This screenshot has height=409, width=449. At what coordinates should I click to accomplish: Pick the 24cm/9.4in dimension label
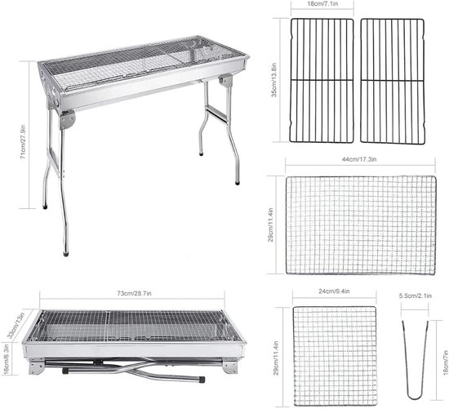335,291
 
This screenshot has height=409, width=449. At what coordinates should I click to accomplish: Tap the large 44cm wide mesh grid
359,225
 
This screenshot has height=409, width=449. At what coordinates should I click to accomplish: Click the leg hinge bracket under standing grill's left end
65,120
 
